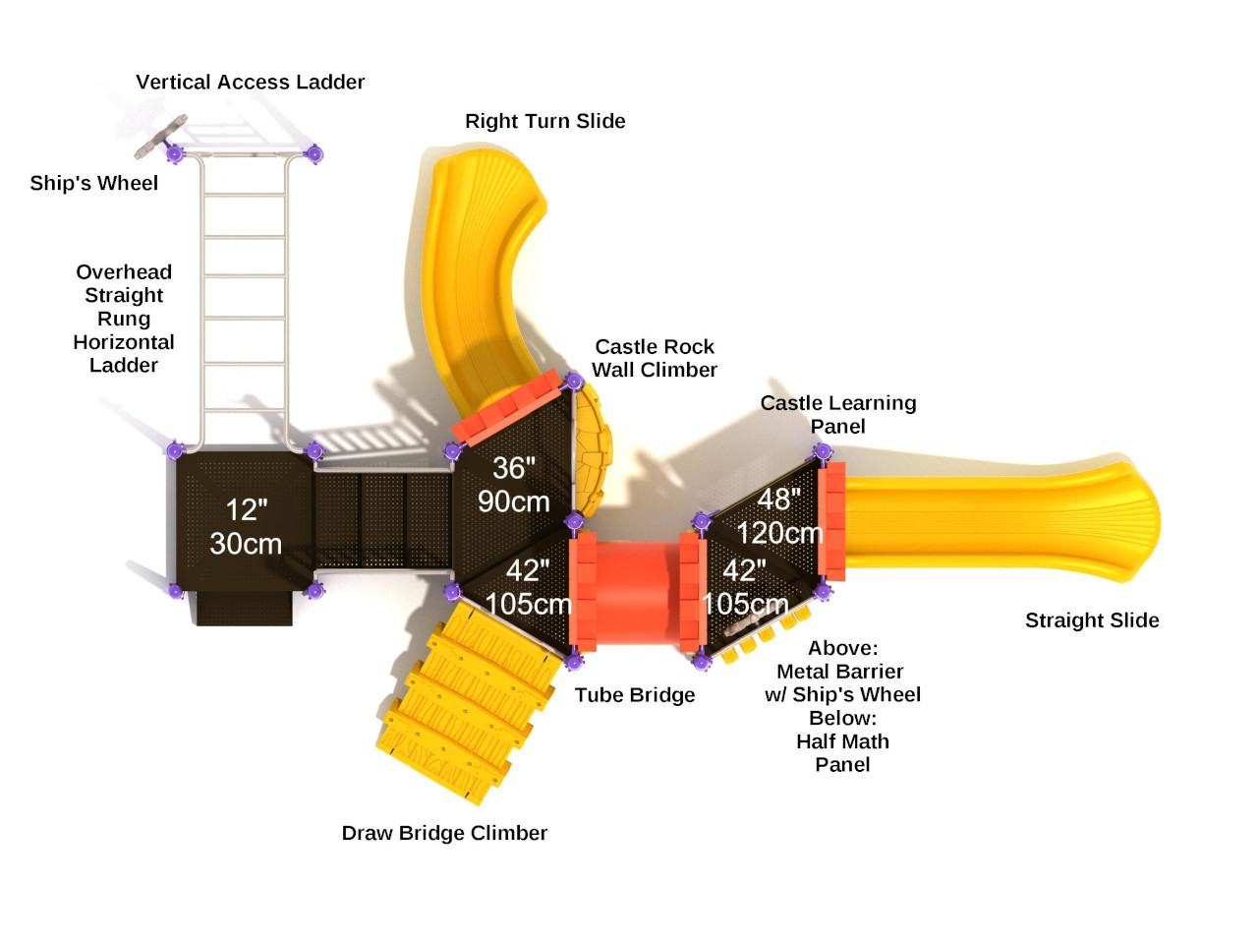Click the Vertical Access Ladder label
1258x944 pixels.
pyautogui.click(x=250, y=83)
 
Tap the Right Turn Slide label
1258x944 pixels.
pyautogui.click(x=544, y=121)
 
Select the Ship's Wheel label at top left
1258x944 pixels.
pyautogui.click(x=93, y=184)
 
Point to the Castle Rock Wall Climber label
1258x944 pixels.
pyautogui.click(x=655, y=358)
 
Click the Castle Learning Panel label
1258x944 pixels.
pyautogui.click(x=837, y=414)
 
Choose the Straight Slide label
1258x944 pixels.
pyautogui.click(x=1092, y=620)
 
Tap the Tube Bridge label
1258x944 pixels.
pyautogui.click(x=634, y=695)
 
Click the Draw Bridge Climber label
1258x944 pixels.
pyautogui.click(x=444, y=833)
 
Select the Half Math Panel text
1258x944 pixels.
pyautogui.click(x=842, y=753)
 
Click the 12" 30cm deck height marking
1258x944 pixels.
pyautogui.click(x=245, y=526)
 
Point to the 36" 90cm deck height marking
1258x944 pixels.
pyautogui.click(x=513, y=484)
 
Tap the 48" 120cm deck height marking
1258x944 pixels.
pyautogui.click(x=778, y=515)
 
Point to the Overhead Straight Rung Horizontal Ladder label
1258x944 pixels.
pyautogui.click(x=124, y=319)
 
